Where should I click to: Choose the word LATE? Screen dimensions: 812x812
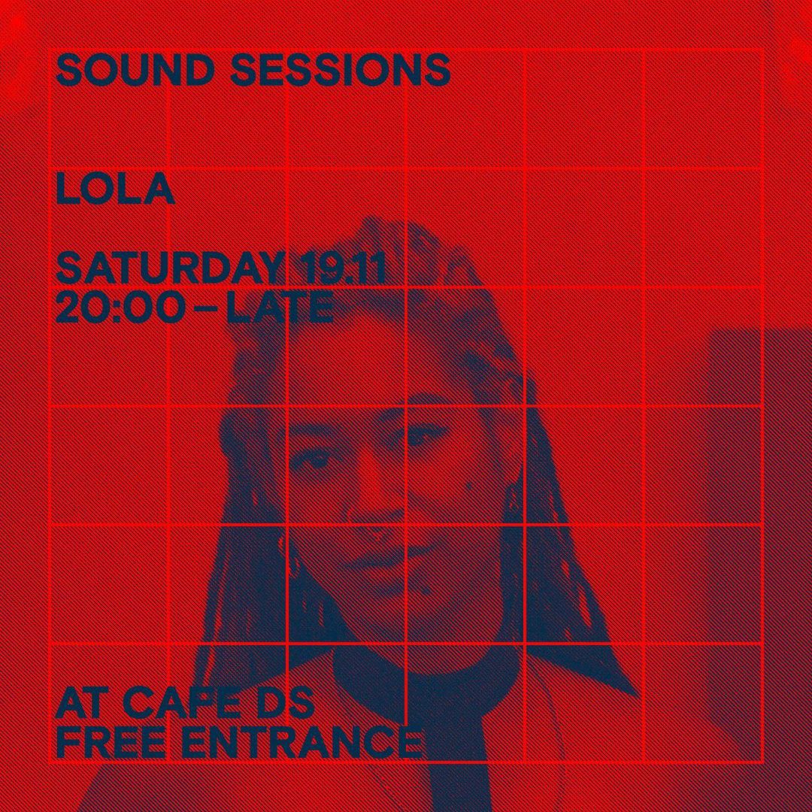pyautogui.click(x=280, y=308)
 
